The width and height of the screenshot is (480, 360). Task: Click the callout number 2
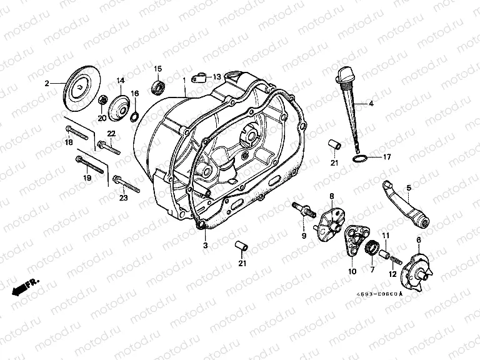pyautogui.click(x=46, y=83)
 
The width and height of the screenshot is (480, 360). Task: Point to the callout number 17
pyautogui.click(x=386, y=157)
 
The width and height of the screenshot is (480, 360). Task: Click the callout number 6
pyautogui.click(x=418, y=241)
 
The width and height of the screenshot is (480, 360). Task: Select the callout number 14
pyautogui.click(x=120, y=81)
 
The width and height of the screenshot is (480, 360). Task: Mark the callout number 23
pyautogui.click(x=123, y=198)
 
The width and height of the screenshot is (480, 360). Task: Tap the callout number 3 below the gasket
pyautogui.click(x=204, y=246)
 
